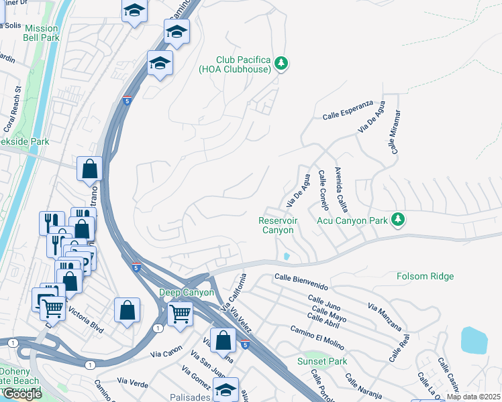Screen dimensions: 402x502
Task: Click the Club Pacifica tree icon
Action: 282,64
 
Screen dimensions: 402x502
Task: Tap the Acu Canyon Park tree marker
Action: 398,219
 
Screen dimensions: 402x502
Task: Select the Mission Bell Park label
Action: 42,33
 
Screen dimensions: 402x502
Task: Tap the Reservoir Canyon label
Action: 277,225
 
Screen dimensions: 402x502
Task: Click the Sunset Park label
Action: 322,361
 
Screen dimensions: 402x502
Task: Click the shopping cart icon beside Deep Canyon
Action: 180,312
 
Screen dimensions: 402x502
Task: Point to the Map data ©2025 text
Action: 472,397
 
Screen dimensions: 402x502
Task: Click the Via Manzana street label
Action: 385,316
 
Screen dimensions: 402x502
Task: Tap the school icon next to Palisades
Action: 225,388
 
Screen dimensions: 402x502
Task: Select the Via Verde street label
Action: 132,381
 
